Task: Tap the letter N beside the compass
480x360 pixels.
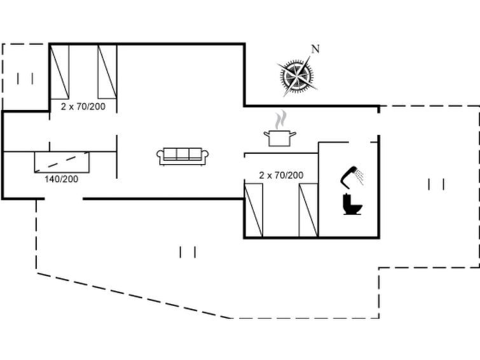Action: (315, 49)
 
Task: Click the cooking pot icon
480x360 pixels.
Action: (280, 137)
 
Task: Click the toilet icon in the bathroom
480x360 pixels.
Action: (351, 205)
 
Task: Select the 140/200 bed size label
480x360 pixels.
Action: (62, 179)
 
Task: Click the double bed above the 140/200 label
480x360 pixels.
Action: (62, 162)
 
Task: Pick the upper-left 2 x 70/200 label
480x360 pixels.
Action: (83, 106)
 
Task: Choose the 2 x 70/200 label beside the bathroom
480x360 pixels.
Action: (281, 175)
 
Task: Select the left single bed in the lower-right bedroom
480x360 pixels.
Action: (254, 209)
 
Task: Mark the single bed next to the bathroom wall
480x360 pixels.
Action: (308, 209)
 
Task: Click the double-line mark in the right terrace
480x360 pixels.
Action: (436, 184)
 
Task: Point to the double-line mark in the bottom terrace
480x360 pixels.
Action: (188, 253)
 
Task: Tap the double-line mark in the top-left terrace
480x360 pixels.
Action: (25, 79)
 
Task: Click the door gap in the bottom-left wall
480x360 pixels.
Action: (64, 199)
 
